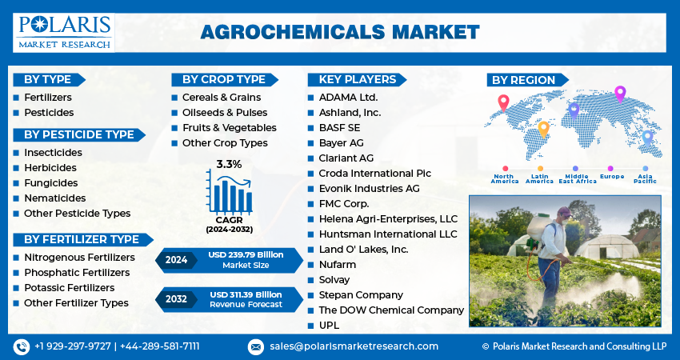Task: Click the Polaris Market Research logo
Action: click(64, 33)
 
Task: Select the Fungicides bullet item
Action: click(50, 183)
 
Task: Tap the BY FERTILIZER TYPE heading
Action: click(82, 239)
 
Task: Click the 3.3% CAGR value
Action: click(229, 164)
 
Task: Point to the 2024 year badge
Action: click(176, 260)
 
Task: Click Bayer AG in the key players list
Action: click(342, 143)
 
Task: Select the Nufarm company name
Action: click(338, 265)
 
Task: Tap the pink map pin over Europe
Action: click(620, 94)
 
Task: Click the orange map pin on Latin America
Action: click(543, 130)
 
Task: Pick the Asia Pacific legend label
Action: click(646, 178)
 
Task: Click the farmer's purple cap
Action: click(564, 210)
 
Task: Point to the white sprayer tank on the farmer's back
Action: click(538, 227)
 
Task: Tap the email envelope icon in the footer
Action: click(256, 347)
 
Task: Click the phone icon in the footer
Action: click(22, 347)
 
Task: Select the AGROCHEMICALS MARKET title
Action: click(340, 33)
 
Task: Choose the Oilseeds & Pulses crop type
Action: click(225, 113)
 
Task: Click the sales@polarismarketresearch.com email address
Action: click(354, 346)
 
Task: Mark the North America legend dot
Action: click(506, 169)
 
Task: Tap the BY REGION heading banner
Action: click(527, 80)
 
